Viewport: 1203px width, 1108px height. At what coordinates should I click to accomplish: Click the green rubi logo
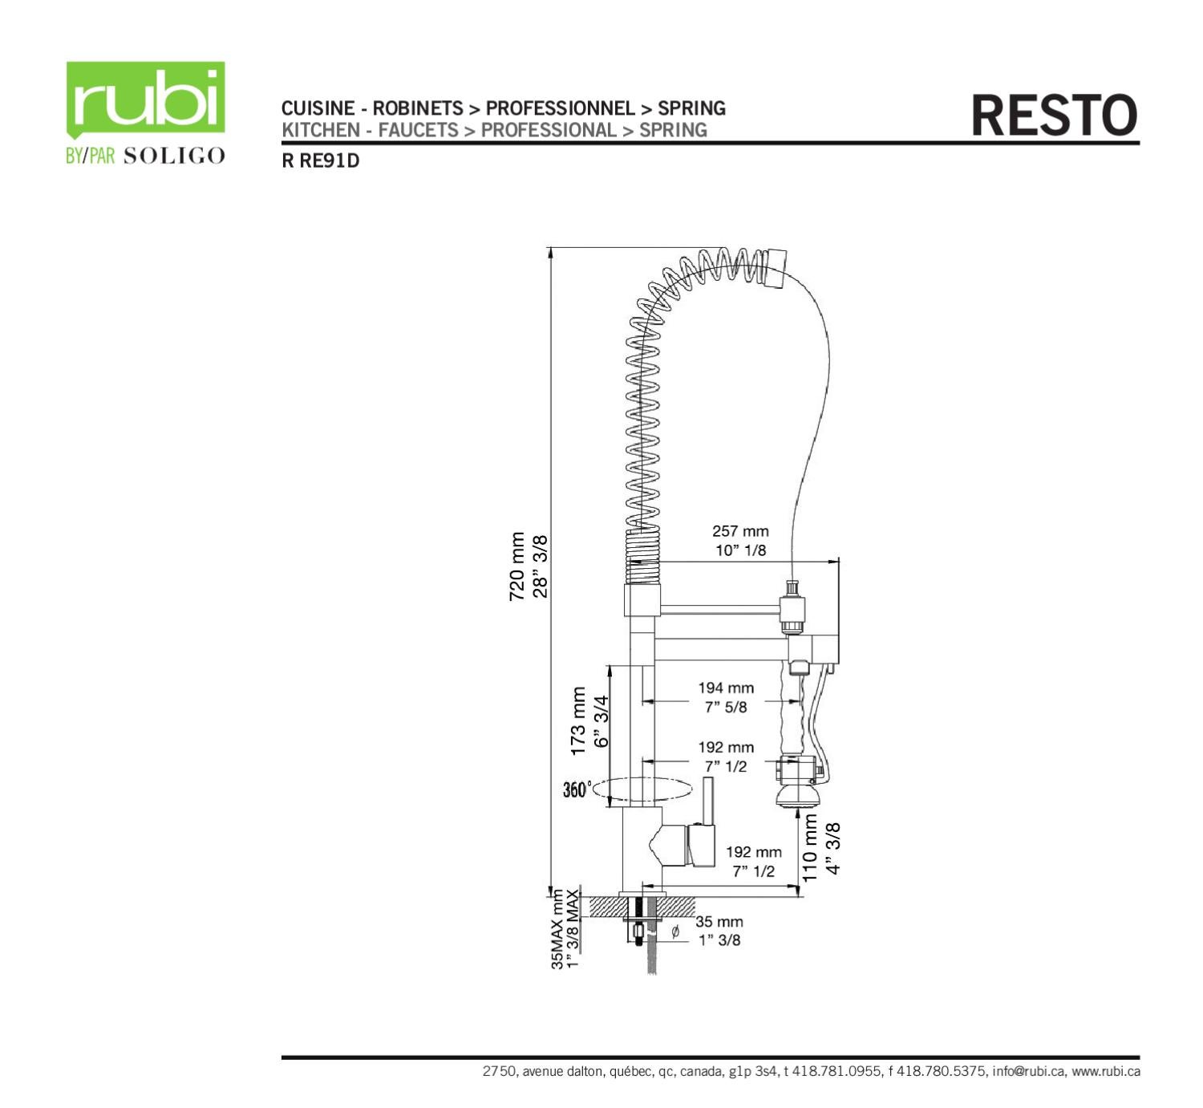click(145, 99)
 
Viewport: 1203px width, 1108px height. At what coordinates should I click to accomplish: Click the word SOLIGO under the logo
click(174, 156)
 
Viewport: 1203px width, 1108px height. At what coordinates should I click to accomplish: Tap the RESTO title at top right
click(1054, 116)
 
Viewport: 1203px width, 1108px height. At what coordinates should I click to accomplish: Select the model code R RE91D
click(320, 160)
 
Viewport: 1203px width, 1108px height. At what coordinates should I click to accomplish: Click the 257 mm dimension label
click(739, 531)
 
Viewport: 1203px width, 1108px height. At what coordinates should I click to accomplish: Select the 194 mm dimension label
click(725, 688)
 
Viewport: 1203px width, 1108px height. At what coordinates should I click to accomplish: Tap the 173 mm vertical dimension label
click(578, 720)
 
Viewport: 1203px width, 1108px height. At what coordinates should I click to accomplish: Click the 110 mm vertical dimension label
click(810, 848)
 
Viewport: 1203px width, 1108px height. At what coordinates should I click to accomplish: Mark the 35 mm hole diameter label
click(719, 922)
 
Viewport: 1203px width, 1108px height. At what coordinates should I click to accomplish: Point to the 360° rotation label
click(577, 789)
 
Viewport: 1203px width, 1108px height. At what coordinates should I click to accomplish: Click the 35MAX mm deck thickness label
click(557, 929)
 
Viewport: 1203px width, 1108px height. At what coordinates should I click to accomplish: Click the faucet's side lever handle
click(708, 802)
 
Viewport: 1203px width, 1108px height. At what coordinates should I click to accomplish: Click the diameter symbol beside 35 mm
click(674, 931)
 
